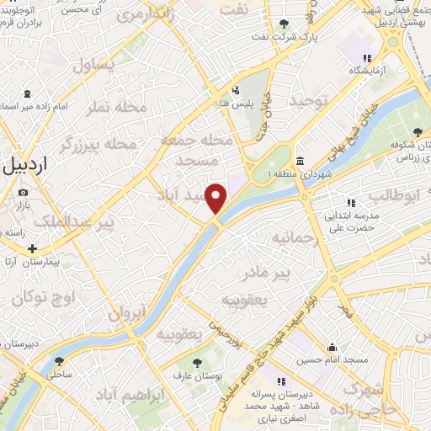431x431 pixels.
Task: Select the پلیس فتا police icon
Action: (x=236, y=90)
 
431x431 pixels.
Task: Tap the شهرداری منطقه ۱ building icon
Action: (x=300, y=160)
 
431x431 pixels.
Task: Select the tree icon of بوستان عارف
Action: (x=198, y=363)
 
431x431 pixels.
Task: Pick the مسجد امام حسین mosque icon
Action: (x=333, y=347)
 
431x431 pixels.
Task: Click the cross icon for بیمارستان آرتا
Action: (x=32, y=249)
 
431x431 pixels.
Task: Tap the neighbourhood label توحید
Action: (x=306, y=101)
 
